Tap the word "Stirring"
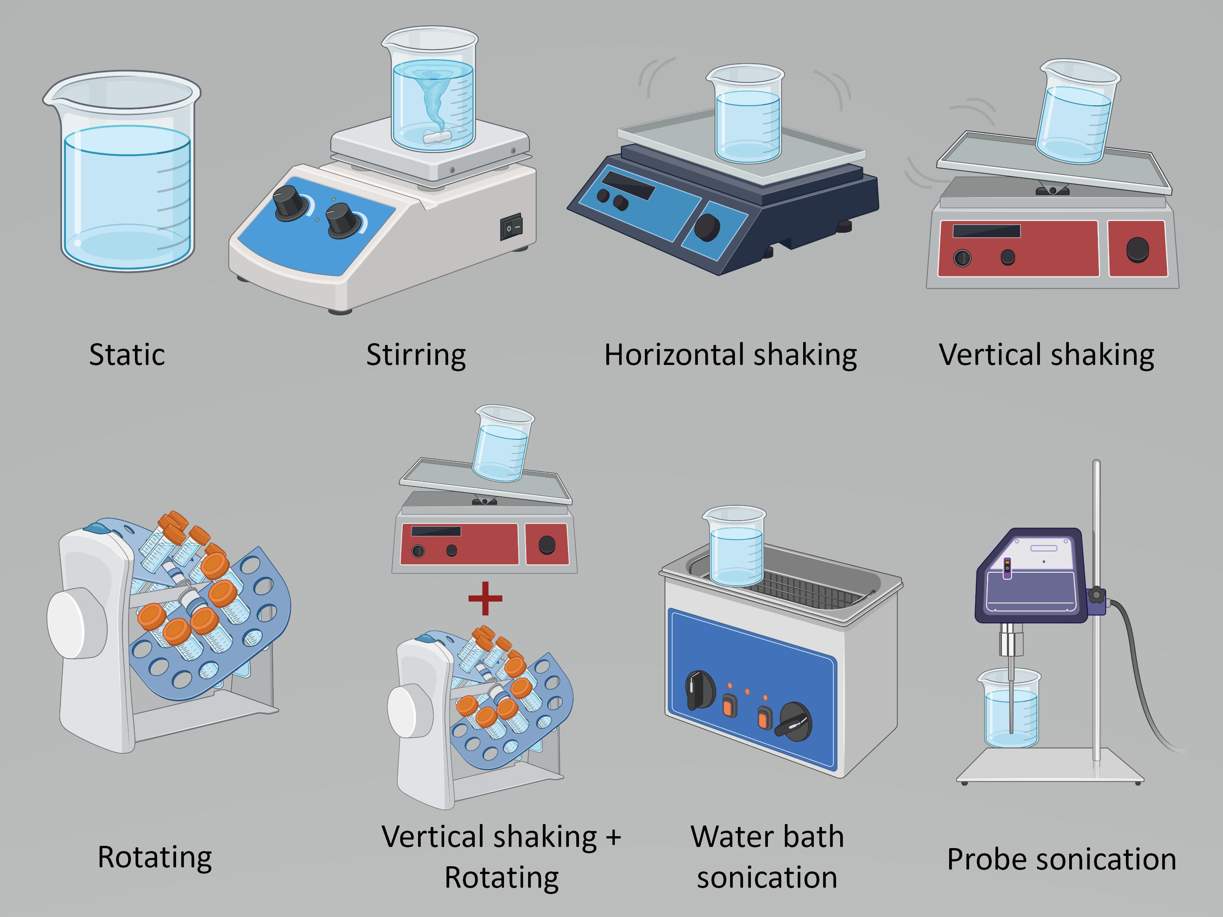(416, 355)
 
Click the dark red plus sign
(485, 598)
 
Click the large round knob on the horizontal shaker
(707, 227)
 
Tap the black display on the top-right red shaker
(986, 230)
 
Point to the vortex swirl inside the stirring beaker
(431, 100)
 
